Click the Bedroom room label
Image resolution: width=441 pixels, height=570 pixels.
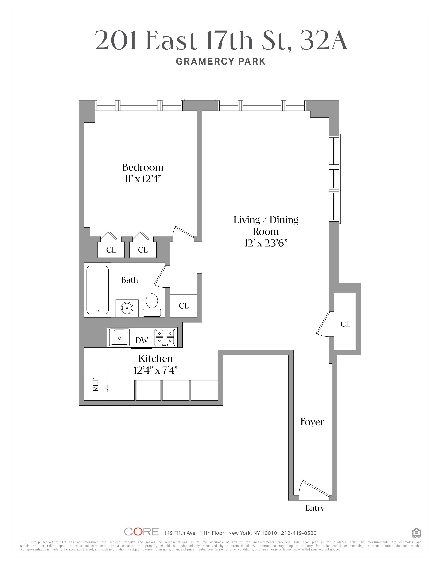click(x=143, y=167)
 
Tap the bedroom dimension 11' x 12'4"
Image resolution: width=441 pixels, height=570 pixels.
click(x=143, y=179)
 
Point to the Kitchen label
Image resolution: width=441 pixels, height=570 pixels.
click(x=155, y=359)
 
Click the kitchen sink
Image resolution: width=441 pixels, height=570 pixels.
click(x=119, y=338)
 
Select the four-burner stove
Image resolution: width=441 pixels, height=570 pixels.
click(x=165, y=338)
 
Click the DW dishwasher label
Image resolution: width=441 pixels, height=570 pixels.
click(x=142, y=340)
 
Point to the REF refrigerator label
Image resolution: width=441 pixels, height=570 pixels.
click(x=96, y=385)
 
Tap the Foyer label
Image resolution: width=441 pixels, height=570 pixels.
click(x=312, y=422)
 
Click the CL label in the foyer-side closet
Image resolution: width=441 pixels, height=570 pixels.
click(x=345, y=324)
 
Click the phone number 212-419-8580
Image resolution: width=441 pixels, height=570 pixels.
click(x=299, y=533)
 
